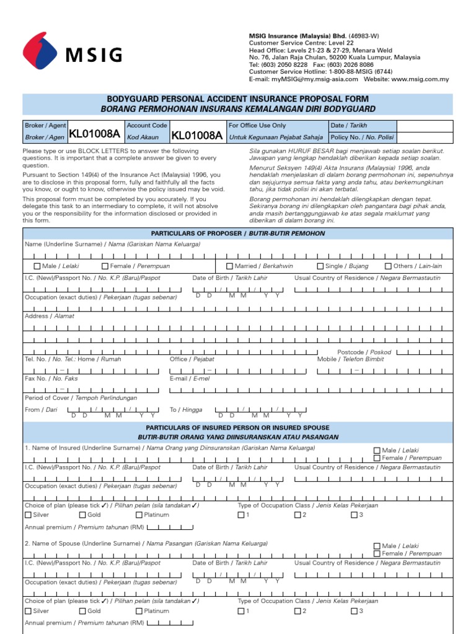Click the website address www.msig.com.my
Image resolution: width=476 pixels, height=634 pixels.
419,79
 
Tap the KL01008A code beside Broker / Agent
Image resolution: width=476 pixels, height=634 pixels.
94,136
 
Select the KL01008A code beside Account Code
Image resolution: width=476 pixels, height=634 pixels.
196,136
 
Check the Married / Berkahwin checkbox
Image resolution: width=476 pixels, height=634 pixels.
229,266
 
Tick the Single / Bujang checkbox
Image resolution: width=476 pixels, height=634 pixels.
320,266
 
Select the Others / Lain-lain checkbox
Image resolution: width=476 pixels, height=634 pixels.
389,266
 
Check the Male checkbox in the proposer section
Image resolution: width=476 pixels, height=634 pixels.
37,266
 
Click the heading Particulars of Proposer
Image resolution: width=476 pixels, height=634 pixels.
238,233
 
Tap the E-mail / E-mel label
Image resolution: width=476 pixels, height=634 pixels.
190,378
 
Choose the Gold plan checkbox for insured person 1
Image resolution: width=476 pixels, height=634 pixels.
82,515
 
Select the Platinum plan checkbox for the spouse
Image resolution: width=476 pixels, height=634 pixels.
138,611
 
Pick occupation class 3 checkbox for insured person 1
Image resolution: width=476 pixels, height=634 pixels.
354,515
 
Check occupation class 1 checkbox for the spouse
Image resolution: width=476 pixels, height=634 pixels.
241,611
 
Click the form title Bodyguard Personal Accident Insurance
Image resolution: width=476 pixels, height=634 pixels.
238,99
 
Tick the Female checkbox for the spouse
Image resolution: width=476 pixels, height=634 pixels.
377,554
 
